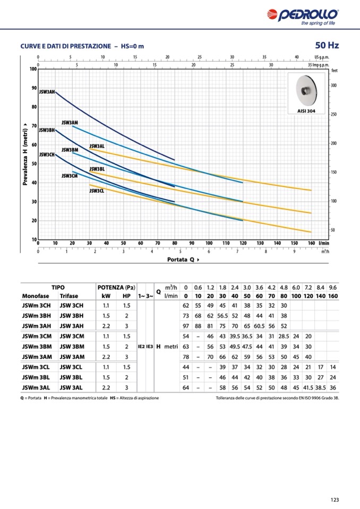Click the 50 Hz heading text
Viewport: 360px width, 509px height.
click(x=327, y=46)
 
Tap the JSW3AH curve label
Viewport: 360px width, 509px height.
click(x=47, y=92)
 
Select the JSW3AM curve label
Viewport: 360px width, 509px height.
click(x=70, y=123)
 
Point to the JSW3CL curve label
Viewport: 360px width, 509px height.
click(x=97, y=191)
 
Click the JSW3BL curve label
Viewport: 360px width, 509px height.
click(x=97, y=169)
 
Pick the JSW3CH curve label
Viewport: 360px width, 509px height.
click(x=47, y=154)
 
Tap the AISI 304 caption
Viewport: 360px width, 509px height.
click(x=307, y=111)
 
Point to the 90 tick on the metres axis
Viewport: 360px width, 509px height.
click(x=34, y=88)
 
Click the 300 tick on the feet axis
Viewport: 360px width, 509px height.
click(x=333, y=85)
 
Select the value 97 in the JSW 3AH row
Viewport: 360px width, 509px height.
click(x=186, y=326)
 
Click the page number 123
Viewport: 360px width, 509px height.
click(x=334, y=499)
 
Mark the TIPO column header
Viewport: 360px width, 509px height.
click(x=58, y=287)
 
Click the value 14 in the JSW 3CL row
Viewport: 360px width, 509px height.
click(x=333, y=367)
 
